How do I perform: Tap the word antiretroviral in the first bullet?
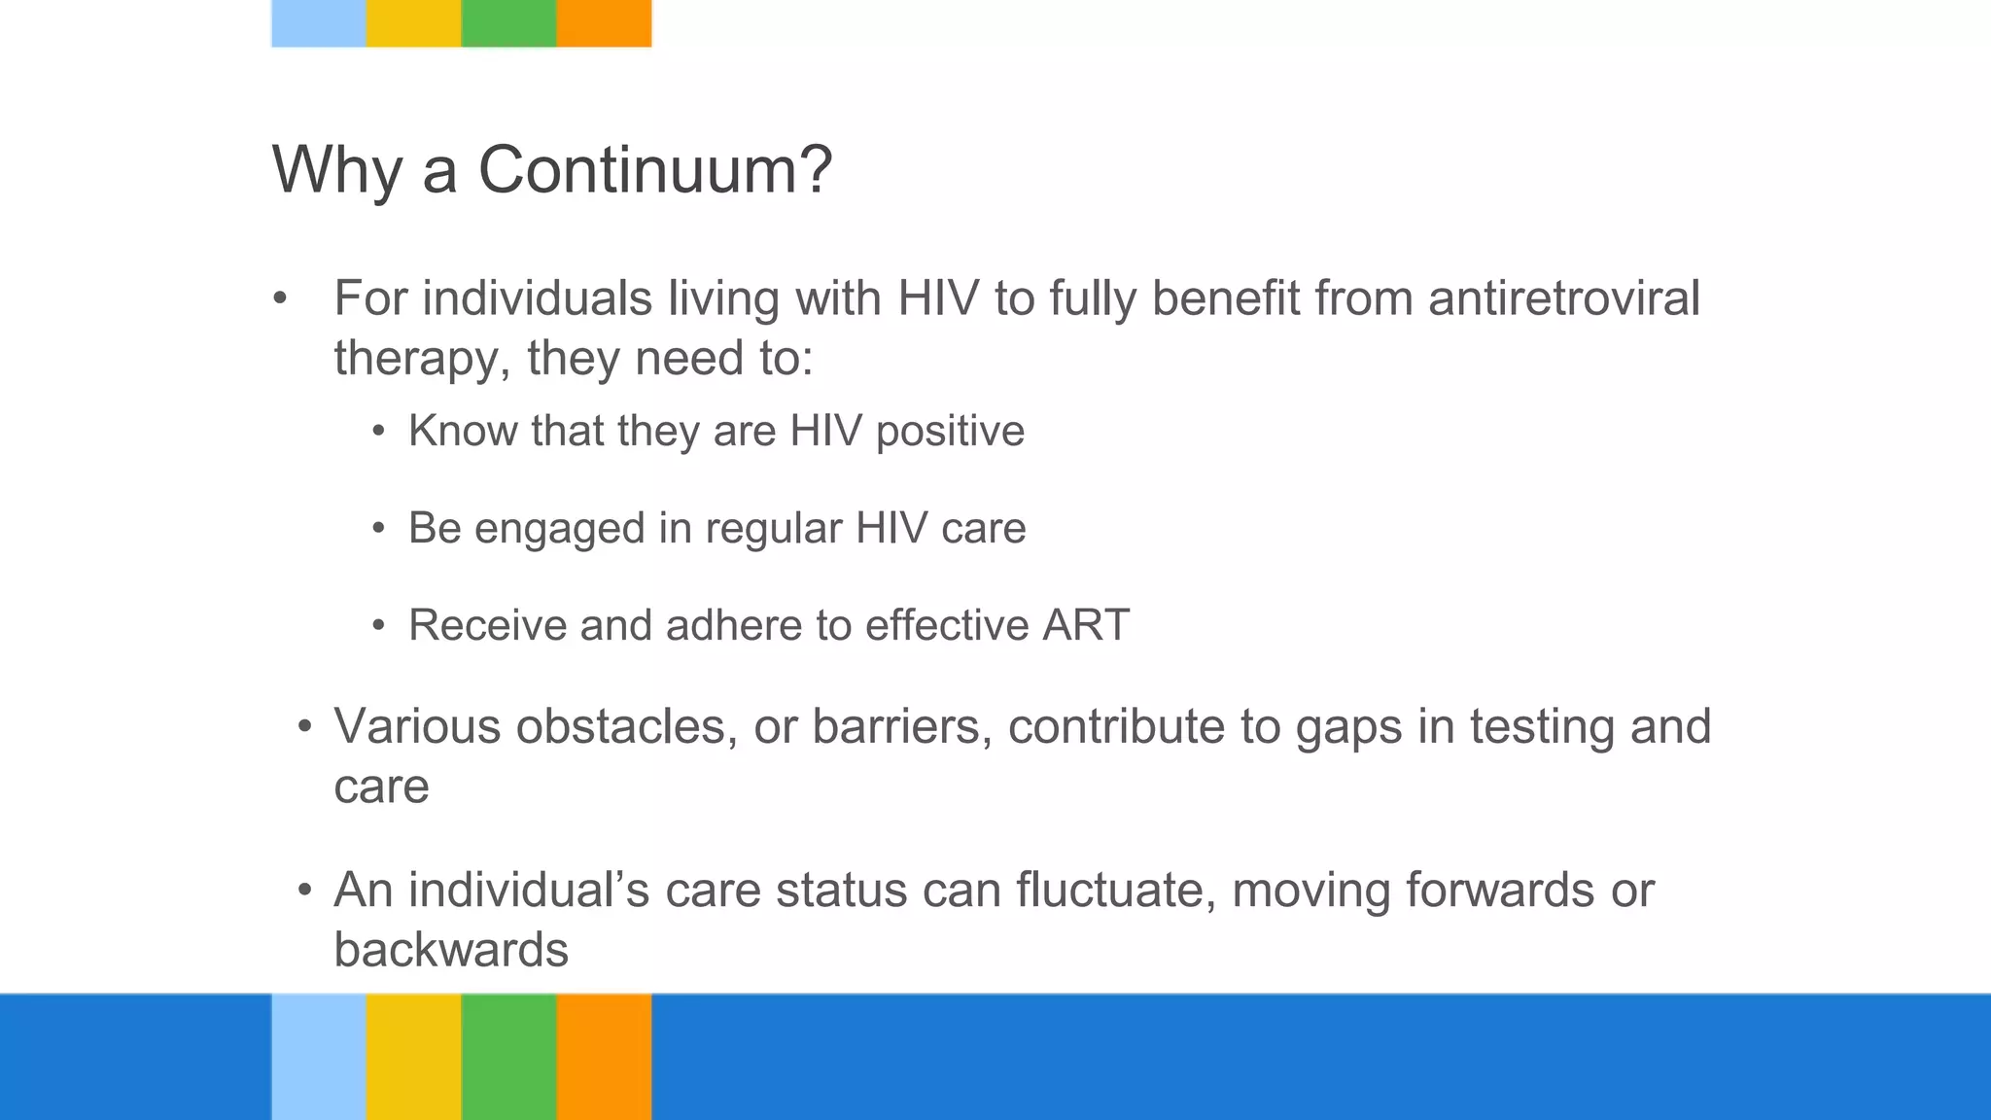[x=1563, y=297]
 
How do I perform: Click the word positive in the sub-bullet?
[x=950, y=432]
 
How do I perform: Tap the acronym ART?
[x=1086, y=625]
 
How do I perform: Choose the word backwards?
[x=451, y=951]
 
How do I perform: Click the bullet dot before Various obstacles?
[x=305, y=727]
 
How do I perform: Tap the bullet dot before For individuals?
[x=280, y=299]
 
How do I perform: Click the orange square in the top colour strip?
[x=604, y=22]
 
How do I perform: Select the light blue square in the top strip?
[x=319, y=22]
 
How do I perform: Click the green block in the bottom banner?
[x=508, y=1056]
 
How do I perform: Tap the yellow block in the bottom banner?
[x=414, y=1056]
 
